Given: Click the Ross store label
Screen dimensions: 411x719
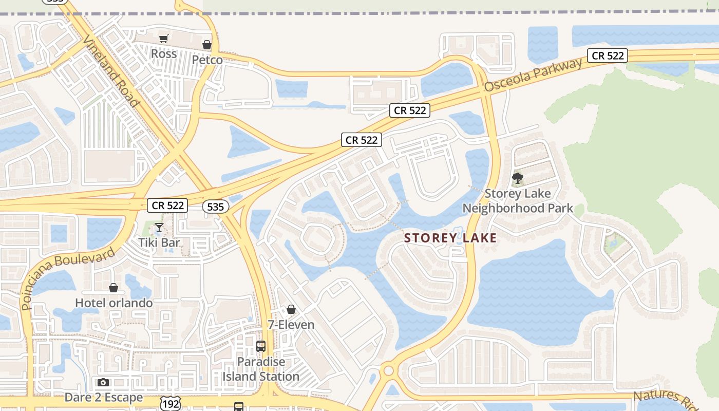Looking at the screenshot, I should tap(164, 53).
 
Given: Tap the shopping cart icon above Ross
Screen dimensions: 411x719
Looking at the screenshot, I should tap(164, 39).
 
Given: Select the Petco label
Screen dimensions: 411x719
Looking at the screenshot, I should tap(207, 60).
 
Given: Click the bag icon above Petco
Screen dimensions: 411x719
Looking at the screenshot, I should tap(207, 45).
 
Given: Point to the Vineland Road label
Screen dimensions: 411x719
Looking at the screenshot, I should tap(111, 71).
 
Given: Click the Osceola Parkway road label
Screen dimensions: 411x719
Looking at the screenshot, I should tap(533, 75).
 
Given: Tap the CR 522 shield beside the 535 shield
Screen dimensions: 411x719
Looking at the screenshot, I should tap(168, 206).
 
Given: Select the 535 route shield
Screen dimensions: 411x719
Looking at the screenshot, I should tap(216, 207).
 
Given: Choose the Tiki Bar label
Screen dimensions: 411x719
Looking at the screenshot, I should tap(159, 242).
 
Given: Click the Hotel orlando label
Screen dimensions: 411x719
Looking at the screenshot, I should tap(113, 303).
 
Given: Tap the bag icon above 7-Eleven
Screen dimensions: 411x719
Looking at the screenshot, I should tap(291, 309).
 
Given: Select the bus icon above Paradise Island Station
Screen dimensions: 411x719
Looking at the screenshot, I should tap(261, 346).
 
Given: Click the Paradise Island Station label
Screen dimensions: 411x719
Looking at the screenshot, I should tap(261, 369).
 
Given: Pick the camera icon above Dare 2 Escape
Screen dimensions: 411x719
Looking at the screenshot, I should tap(103, 382).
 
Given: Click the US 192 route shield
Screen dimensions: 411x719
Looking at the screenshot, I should tap(170, 404).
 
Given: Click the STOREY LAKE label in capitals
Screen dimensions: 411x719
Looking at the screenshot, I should tap(450, 238).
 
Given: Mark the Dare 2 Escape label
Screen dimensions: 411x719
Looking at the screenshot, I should tap(103, 398).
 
